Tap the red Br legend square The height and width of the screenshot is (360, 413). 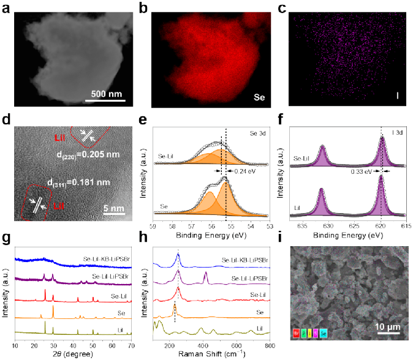[297, 333]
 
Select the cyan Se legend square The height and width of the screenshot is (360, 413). [324, 333]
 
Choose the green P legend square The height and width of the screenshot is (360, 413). [303, 333]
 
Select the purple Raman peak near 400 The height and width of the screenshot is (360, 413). [205, 278]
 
